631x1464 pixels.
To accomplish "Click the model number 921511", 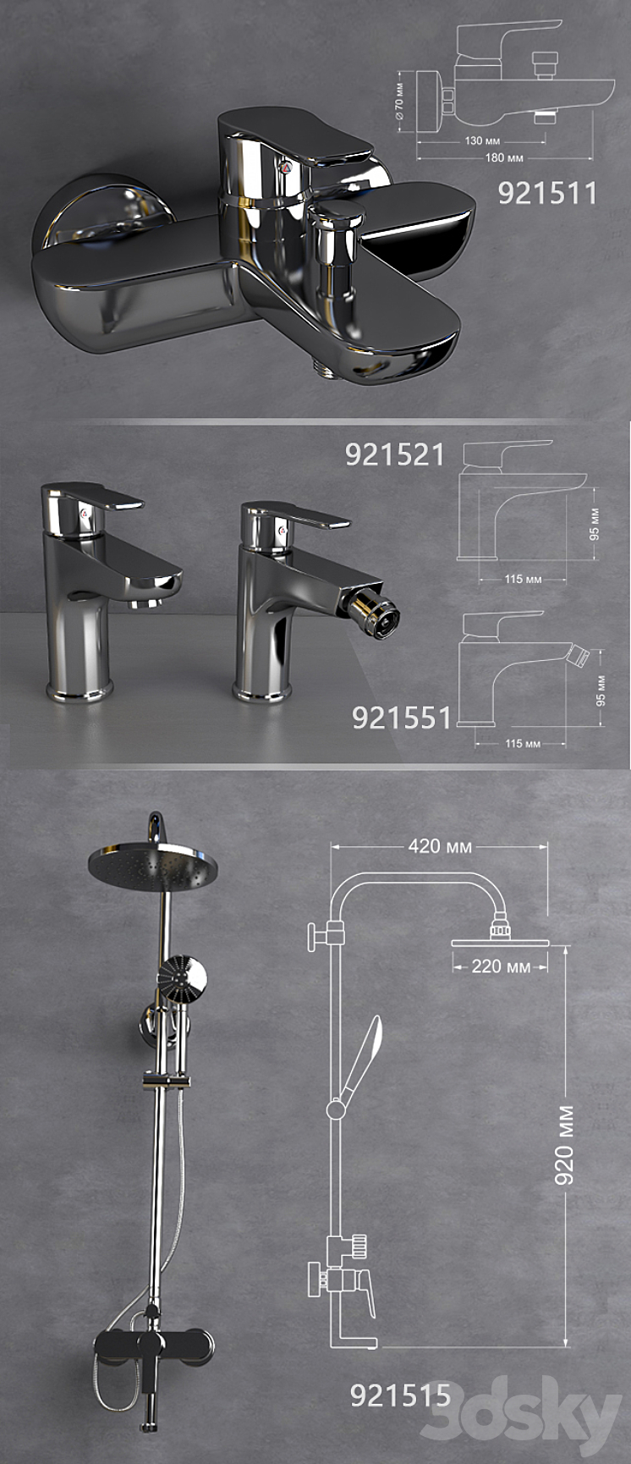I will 547,194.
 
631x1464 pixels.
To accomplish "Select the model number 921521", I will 394,455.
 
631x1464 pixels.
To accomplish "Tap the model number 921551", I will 402,718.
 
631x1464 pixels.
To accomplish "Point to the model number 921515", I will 400,1395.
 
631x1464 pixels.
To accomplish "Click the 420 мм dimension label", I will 440,846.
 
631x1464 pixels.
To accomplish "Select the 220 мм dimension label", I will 501,966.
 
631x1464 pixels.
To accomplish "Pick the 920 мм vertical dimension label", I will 564,1144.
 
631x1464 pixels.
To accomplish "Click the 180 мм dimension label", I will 504,157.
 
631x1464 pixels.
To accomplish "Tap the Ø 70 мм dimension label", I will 400,100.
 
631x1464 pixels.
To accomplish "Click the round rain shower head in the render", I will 153,866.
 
